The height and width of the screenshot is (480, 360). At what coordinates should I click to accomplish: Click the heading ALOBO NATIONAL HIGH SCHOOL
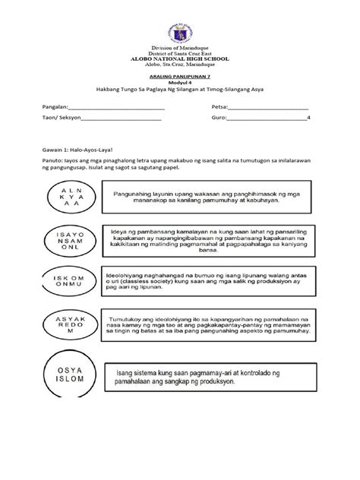click(180, 58)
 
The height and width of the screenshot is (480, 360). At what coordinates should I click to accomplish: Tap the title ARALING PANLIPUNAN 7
click(180, 77)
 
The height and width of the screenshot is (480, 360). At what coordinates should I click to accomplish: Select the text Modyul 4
click(180, 83)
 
